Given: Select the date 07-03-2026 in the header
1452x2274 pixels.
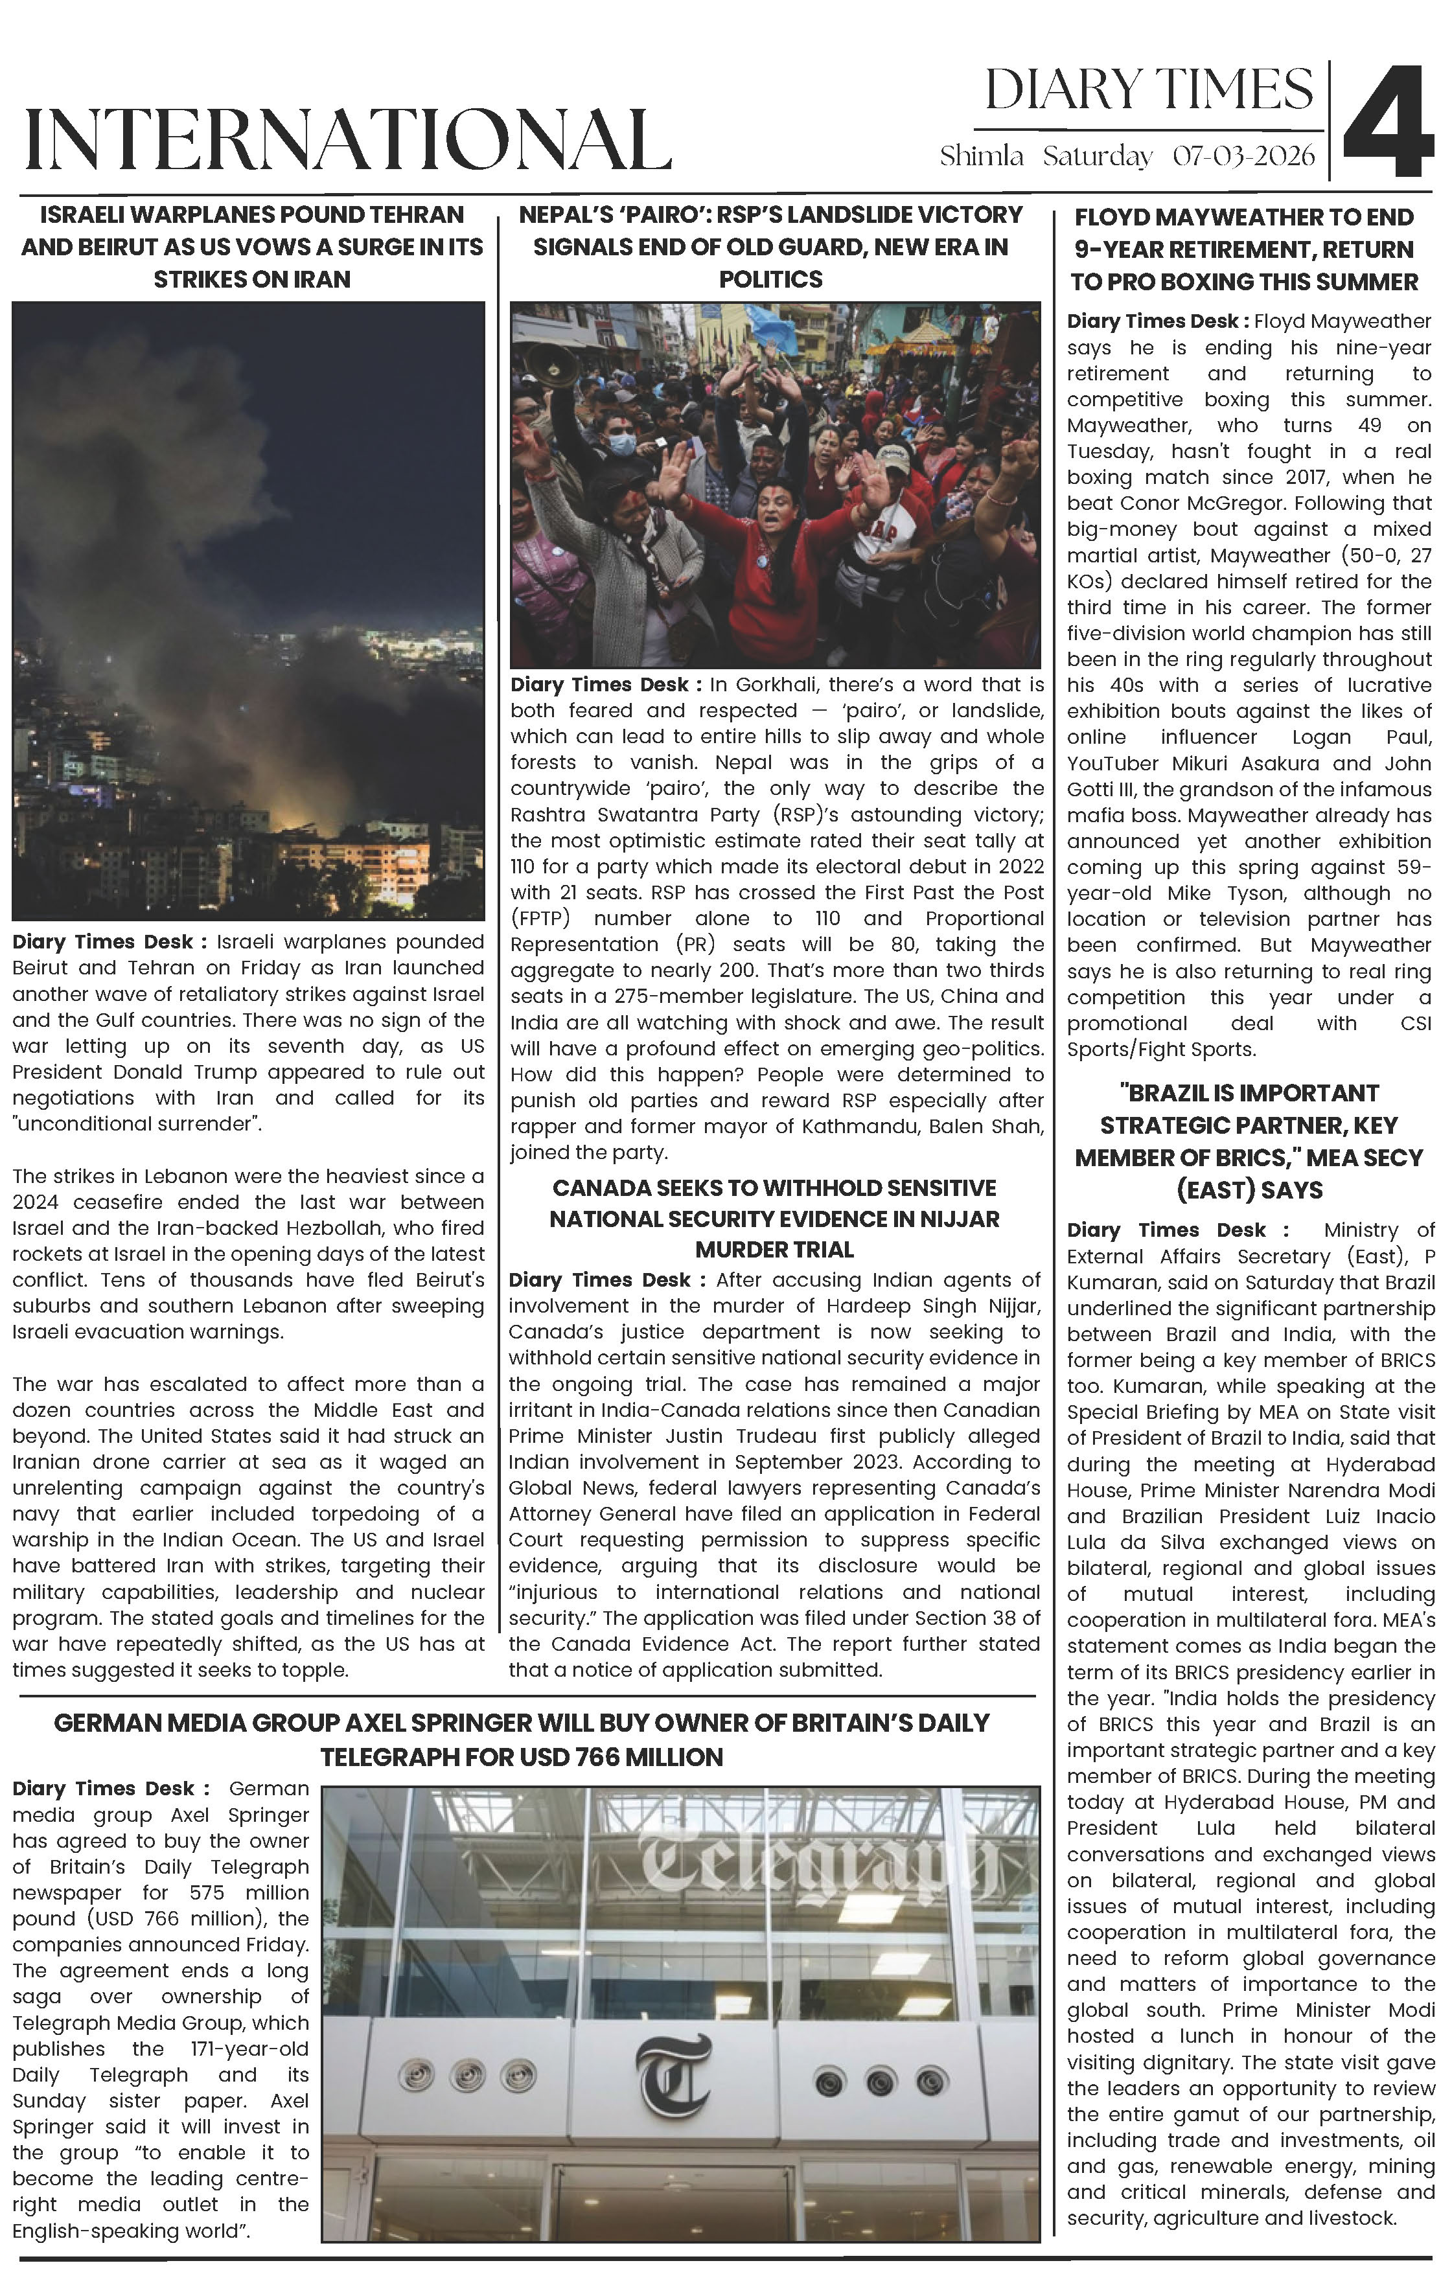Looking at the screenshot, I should click(x=1243, y=156).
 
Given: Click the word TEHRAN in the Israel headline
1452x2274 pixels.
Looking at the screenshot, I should click(x=421, y=215).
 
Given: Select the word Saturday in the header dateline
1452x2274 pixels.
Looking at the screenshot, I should click(x=1098, y=156).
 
